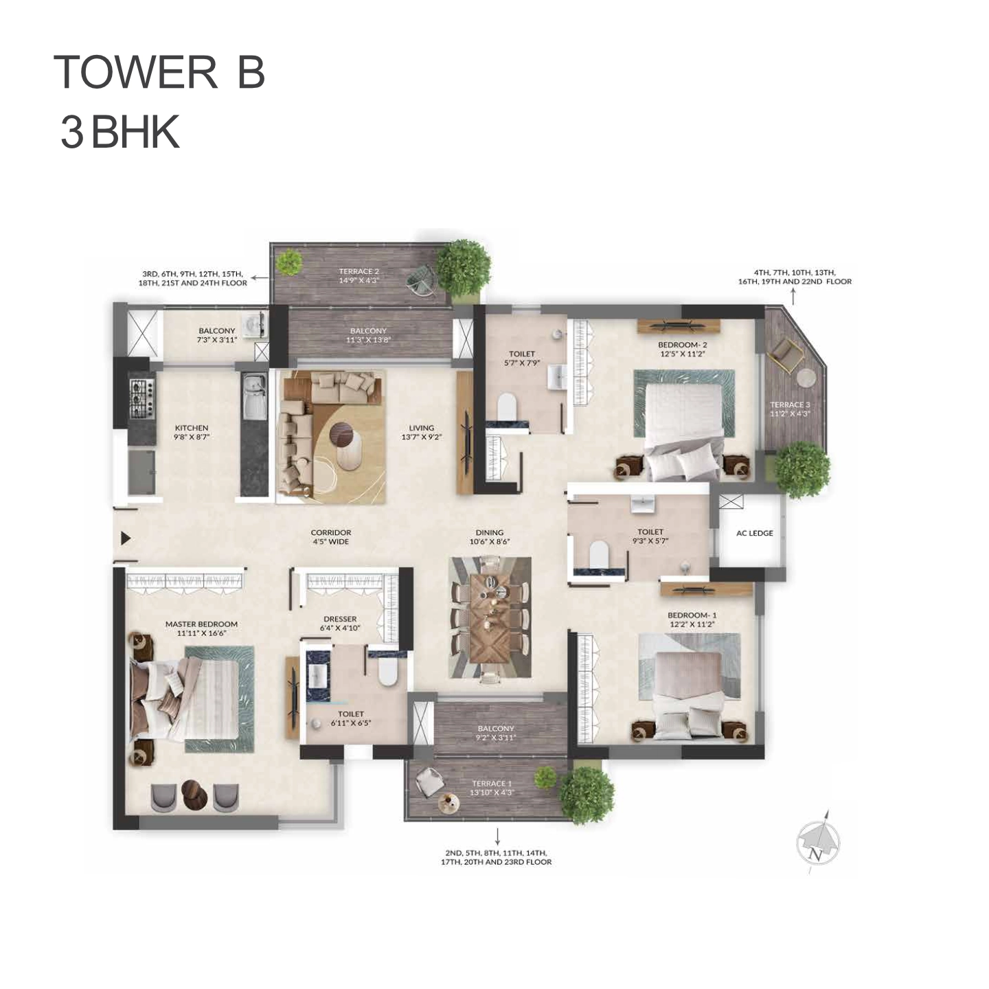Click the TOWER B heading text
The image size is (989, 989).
[x=159, y=72]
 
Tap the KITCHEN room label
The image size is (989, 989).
[x=192, y=428]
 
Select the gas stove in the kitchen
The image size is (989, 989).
[x=141, y=398]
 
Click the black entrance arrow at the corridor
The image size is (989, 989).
[x=126, y=538]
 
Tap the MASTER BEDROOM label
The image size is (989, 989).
[x=201, y=624]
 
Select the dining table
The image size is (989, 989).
[x=490, y=618]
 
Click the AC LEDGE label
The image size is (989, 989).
[x=754, y=533]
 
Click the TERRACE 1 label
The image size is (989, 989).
[x=492, y=784]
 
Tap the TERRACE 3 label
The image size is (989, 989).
[x=790, y=405]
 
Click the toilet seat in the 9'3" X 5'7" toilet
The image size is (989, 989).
[x=599, y=555]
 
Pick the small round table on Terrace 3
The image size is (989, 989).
[x=807, y=378]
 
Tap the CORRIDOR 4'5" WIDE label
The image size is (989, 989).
[x=331, y=537]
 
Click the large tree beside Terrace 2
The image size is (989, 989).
[x=464, y=267]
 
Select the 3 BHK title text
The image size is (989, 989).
[x=120, y=132]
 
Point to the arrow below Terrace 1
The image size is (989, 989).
[x=497, y=836]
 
